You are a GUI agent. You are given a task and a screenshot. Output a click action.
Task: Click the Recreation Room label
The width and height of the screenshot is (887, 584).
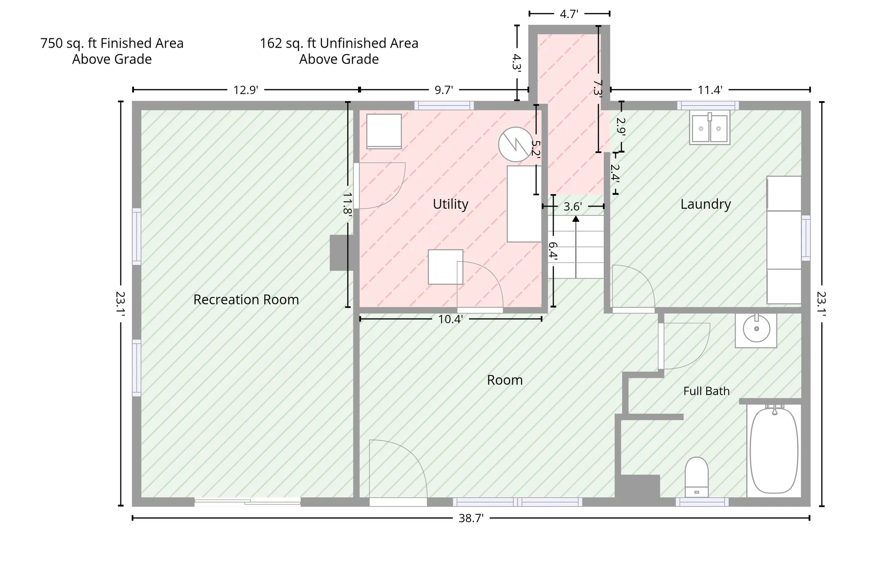click(246, 299)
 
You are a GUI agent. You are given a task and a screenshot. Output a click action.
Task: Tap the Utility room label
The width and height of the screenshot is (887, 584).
click(450, 204)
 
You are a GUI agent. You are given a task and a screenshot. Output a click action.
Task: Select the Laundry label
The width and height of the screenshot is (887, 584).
click(705, 204)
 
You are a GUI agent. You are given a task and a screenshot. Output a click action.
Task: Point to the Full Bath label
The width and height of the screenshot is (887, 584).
click(706, 391)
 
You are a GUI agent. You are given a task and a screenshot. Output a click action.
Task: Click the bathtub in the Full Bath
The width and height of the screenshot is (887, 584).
click(774, 450)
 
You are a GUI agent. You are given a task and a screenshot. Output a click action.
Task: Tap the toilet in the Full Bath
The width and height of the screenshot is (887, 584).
click(697, 477)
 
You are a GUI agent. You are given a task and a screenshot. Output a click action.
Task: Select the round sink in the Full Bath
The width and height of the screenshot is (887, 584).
click(756, 329)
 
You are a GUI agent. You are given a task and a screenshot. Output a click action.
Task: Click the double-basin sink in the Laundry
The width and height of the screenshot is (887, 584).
click(710, 128)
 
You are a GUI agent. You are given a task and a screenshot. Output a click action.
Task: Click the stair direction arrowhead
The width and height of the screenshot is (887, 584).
click(576, 219)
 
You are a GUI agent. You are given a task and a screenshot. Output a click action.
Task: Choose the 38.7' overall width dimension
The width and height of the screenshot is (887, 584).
click(471, 518)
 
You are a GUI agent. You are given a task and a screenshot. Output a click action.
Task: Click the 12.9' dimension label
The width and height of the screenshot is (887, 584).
click(245, 90)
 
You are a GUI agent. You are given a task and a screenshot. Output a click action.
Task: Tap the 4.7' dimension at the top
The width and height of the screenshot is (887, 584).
click(569, 14)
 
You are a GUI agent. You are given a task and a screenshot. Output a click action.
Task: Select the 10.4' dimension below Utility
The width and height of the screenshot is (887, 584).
click(450, 319)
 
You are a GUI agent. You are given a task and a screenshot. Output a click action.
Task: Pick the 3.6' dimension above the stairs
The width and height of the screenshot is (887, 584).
click(572, 207)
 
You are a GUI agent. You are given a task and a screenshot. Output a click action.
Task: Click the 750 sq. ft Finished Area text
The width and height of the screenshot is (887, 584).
click(112, 43)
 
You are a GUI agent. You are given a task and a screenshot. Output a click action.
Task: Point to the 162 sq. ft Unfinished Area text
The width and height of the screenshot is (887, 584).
click(339, 43)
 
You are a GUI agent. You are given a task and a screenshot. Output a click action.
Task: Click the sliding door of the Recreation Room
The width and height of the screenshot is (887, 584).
click(248, 502)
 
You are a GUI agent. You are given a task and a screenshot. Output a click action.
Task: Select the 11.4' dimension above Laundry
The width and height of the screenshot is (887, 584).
click(710, 90)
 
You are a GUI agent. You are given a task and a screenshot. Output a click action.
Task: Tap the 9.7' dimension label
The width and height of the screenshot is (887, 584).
click(443, 90)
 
